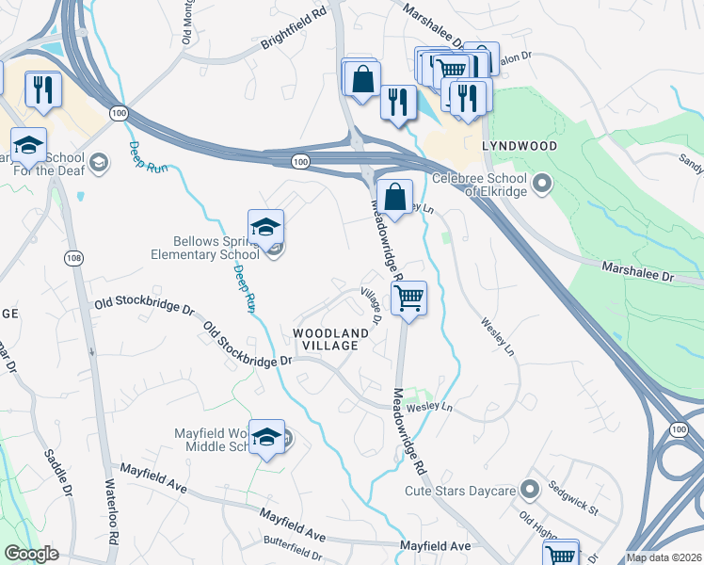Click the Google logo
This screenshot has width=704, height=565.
[32, 554]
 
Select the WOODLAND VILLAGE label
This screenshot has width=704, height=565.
[325, 339]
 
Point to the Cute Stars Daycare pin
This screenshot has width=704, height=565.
[529, 490]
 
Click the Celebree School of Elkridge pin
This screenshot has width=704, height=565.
[541, 183]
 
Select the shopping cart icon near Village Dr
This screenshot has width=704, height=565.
[408, 298]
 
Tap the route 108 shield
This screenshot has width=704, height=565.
[72, 257]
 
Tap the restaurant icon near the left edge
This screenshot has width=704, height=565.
[43, 89]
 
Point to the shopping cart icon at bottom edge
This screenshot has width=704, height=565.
[561, 555]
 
